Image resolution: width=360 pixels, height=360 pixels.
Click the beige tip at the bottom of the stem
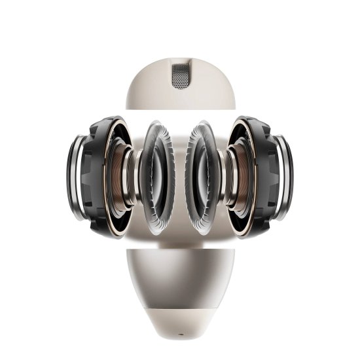point(180,321)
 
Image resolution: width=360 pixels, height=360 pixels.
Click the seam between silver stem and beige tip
point(180,305)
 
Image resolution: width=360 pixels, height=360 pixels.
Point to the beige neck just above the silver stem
point(180,242)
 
